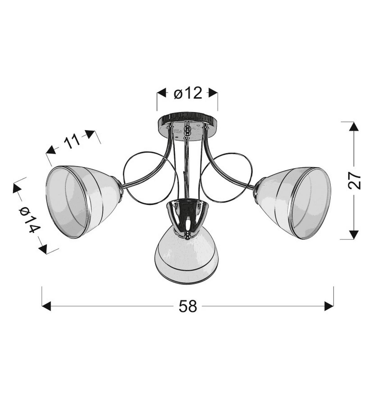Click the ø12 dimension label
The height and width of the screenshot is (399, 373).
(x=188, y=93)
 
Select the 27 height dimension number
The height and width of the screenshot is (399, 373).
(x=354, y=180)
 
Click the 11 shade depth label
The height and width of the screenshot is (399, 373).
(x=72, y=141)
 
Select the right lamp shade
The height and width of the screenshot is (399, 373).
(x=292, y=203)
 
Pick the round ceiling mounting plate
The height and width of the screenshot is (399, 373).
(x=187, y=127)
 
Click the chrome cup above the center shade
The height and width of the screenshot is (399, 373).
(x=187, y=217)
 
